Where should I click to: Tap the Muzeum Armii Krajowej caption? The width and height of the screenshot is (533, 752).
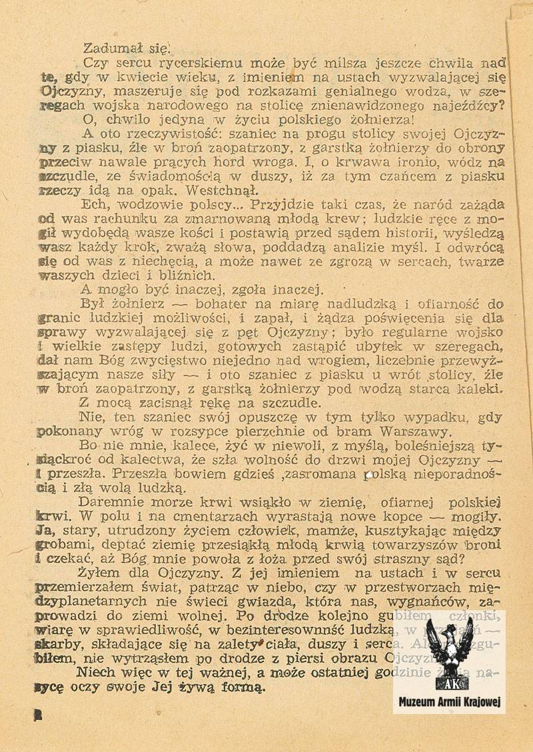coord(450,702)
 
